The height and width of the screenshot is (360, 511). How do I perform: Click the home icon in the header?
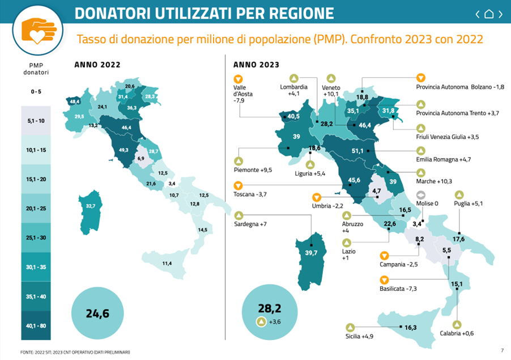click(x=489, y=14)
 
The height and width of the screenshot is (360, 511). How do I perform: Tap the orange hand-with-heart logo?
click(x=39, y=30)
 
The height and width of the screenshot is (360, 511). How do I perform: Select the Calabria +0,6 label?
click(x=458, y=333)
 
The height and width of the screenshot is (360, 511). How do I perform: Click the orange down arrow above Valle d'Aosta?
click(x=238, y=79)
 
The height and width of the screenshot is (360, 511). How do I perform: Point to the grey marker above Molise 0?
click(x=420, y=193)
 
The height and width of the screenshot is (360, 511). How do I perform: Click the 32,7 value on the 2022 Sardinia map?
click(x=90, y=206)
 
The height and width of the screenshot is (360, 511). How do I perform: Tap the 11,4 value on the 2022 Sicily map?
click(x=167, y=263)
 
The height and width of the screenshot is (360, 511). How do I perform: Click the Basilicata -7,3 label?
click(x=399, y=289)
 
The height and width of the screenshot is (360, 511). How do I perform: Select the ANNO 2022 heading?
click(x=97, y=65)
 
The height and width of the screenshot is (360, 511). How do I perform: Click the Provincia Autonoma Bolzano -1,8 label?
click(x=460, y=87)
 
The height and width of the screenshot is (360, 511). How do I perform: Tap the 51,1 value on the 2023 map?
click(x=357, y=151)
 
